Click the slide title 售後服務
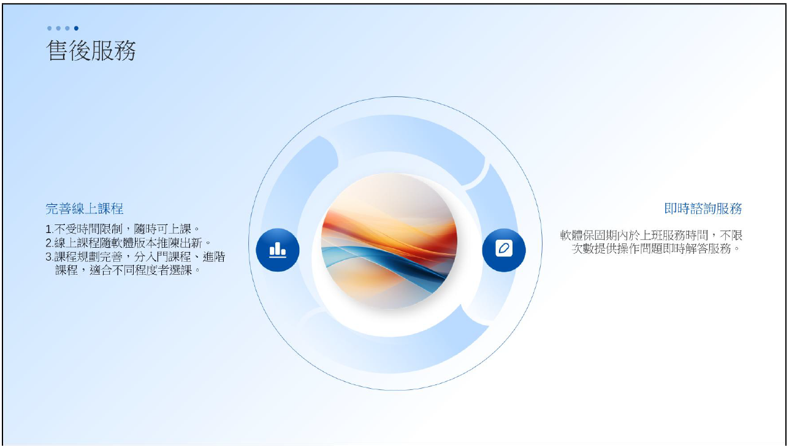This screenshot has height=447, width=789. [x=91, y=50]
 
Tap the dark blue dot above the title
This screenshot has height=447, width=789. [x=76, y=28]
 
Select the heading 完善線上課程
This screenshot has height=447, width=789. [x=85, y=209]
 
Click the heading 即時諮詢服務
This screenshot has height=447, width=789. [x=703, y=208]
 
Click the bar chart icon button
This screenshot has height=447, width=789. [x=278, y=250]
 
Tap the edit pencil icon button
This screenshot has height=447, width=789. [x=504, y=250]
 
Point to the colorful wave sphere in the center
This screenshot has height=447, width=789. [x=389, y=242]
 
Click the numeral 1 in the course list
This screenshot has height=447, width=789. [x=49, y=230]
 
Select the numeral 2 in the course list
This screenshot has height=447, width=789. [x=49, y=243]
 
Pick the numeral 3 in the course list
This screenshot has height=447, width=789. [x=49, y=257]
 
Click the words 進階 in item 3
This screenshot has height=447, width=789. [x=214, y=257]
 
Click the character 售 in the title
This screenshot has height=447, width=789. [x=57, y=50]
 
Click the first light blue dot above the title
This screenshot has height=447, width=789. [x=49, y=28]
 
